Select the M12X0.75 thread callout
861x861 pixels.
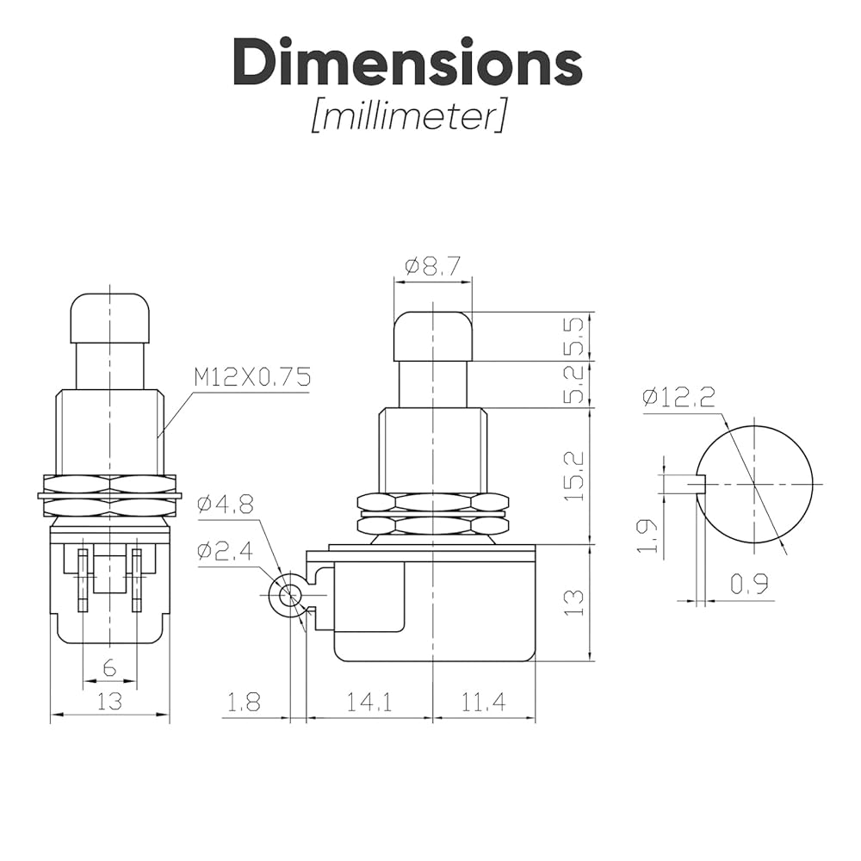pyautogui.click(x=252, y=377)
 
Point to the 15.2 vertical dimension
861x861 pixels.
pyautogui.click(x=573, y=476)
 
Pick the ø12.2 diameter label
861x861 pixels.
pyautogui.click(x=678, y=396)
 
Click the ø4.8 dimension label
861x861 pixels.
pyautogui.click(x=226, y=504)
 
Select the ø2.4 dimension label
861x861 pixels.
pyautogui.click(x=226, y=549)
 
